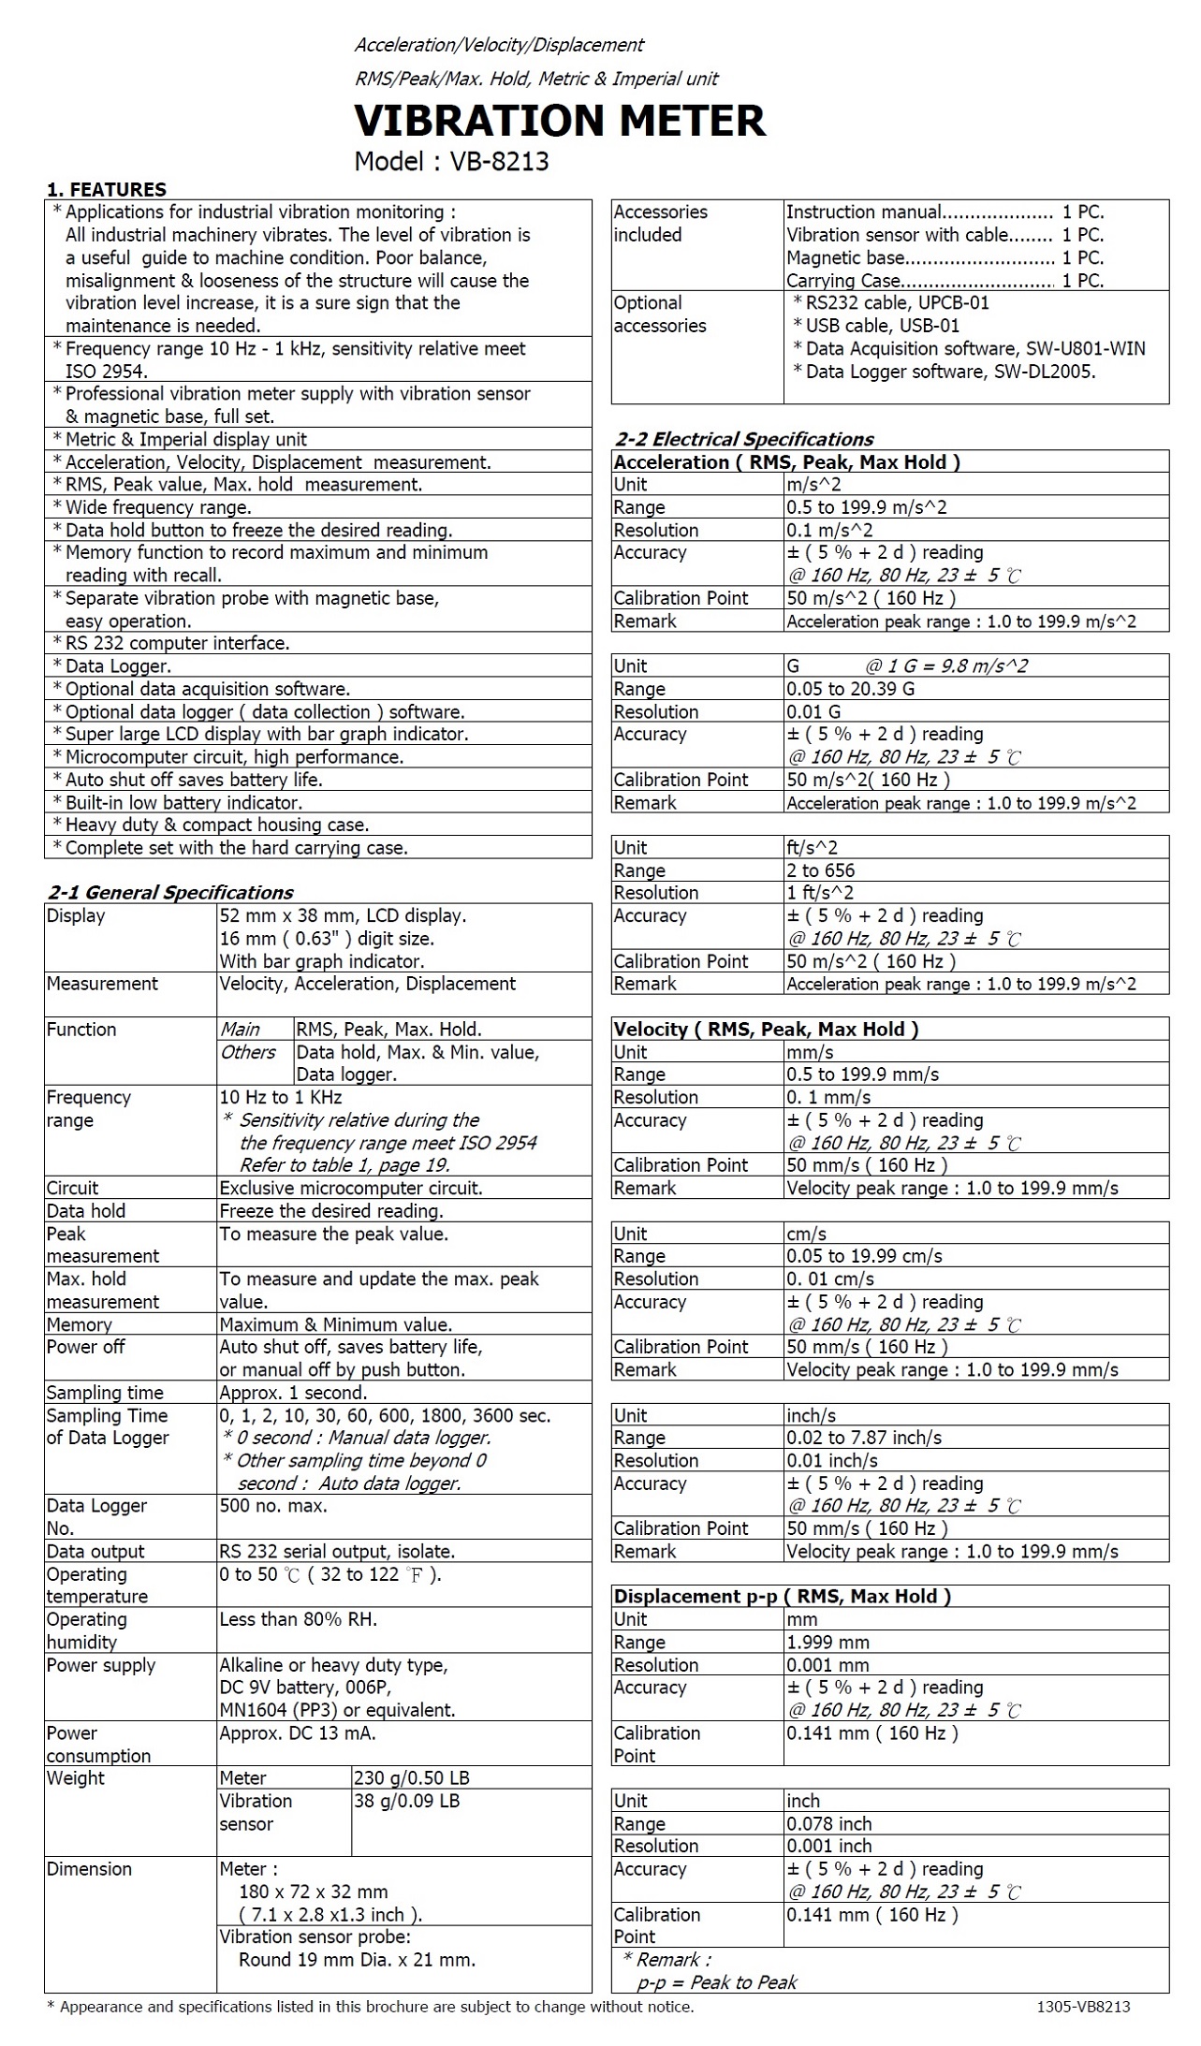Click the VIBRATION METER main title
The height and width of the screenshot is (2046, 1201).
(559, 121)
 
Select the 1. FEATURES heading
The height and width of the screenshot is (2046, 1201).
(106, 189)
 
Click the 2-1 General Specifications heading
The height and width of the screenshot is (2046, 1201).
(169, 893)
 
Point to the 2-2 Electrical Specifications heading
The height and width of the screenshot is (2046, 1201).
(743, 439)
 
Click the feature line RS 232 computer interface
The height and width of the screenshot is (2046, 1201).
(177, 643)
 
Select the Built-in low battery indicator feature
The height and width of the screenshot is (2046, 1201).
(183, 802)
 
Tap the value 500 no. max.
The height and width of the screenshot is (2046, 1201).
(272, 1506)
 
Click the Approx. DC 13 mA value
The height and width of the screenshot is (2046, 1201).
(297, 1733)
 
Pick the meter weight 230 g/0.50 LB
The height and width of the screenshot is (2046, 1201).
(411, 1778)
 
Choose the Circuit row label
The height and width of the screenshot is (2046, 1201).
(72, 1188)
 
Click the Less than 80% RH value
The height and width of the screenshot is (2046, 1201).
(298, 1619)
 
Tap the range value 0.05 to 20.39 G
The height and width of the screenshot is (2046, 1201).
(850, 689)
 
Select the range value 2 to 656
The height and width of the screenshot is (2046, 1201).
(820, 870)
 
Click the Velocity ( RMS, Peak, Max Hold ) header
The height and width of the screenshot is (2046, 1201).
(766, 1030)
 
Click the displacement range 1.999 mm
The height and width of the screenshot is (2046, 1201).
(828, 1643)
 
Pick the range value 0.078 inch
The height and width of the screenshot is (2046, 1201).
(828, 1824)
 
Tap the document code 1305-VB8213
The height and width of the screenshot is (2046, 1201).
(1082, 2007)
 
